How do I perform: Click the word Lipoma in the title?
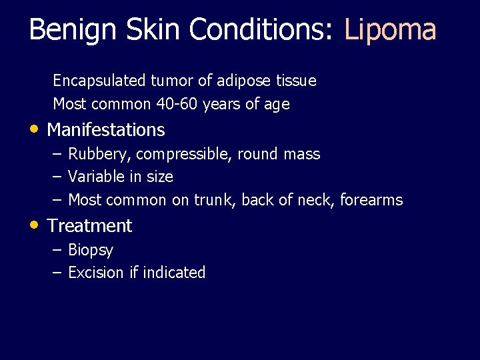[x=390, y=30]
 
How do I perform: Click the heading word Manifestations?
[x=106, y=129]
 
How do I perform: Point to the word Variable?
[x=93, y=177]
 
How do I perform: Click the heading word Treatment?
[x=90, y=226]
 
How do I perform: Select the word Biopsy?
[x=91, y=251]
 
